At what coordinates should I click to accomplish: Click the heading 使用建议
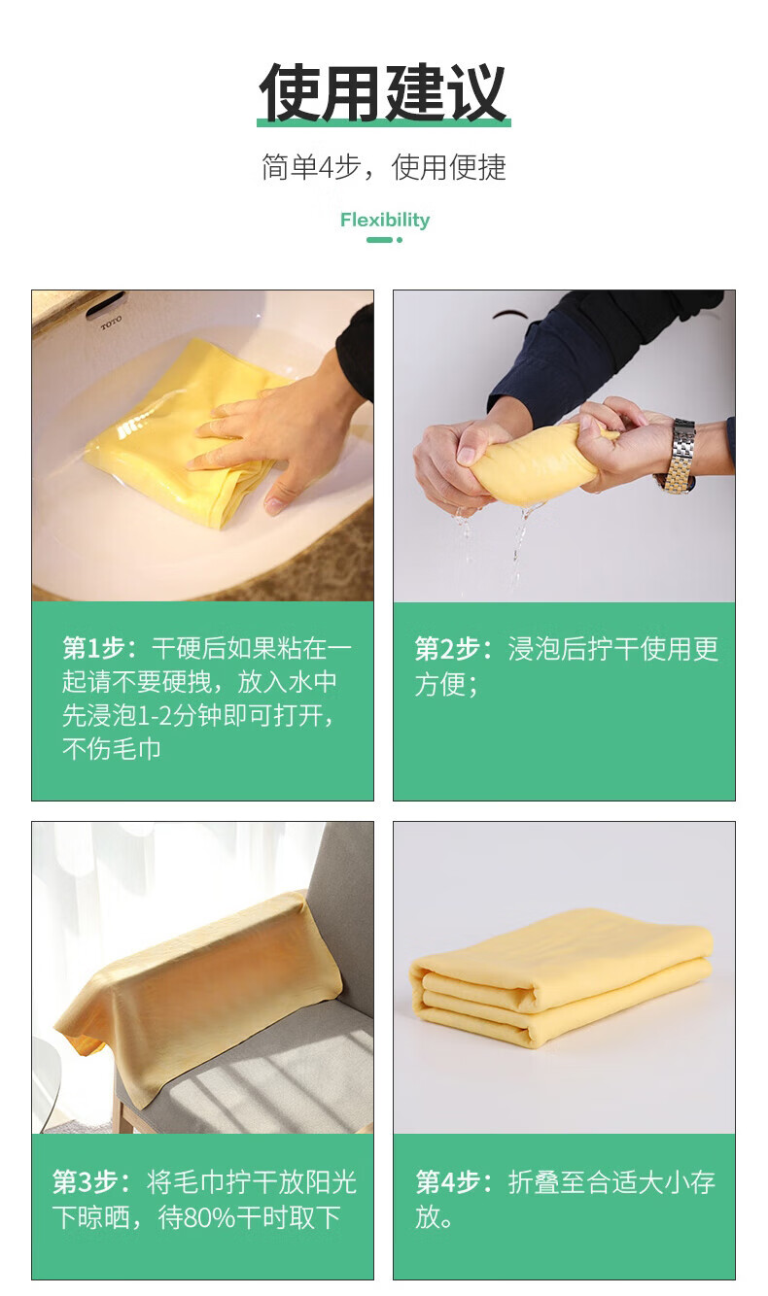383,92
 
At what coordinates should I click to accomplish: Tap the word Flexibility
385,220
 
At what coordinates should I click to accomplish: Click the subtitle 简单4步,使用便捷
384,167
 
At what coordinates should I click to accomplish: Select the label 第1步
94,648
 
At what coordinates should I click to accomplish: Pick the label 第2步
447,649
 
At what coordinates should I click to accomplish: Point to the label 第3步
86,1181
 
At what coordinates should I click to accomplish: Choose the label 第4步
447,1181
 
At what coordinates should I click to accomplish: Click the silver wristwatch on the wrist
677,457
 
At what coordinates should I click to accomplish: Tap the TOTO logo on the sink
111,322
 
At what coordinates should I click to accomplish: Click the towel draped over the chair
196,995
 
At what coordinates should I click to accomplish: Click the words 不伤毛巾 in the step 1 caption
111,749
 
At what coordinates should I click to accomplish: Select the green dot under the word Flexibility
400,240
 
